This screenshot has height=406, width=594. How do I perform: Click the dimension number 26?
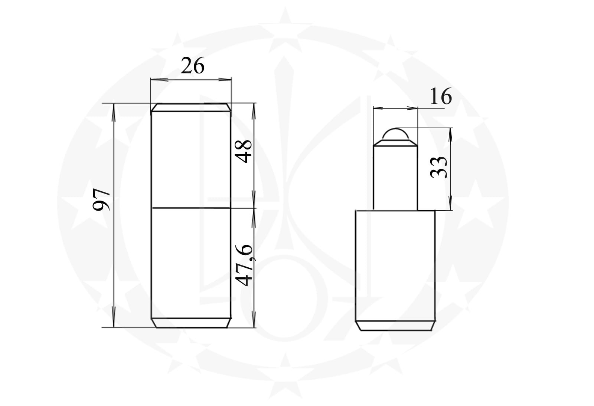tap(193, 65)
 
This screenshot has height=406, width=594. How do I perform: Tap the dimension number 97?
tap(101, 199)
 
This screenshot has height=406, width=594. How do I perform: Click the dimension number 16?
tap(440, 96)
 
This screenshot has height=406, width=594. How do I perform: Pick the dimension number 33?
tap(438, 167)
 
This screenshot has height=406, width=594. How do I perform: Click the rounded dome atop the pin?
tap(395, 134)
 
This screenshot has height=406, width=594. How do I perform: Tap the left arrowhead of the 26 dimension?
tap(159, 79)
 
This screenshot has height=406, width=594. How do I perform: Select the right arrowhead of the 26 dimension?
tap(225, 79)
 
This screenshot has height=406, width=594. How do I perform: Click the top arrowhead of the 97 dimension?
tap(114, 113)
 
